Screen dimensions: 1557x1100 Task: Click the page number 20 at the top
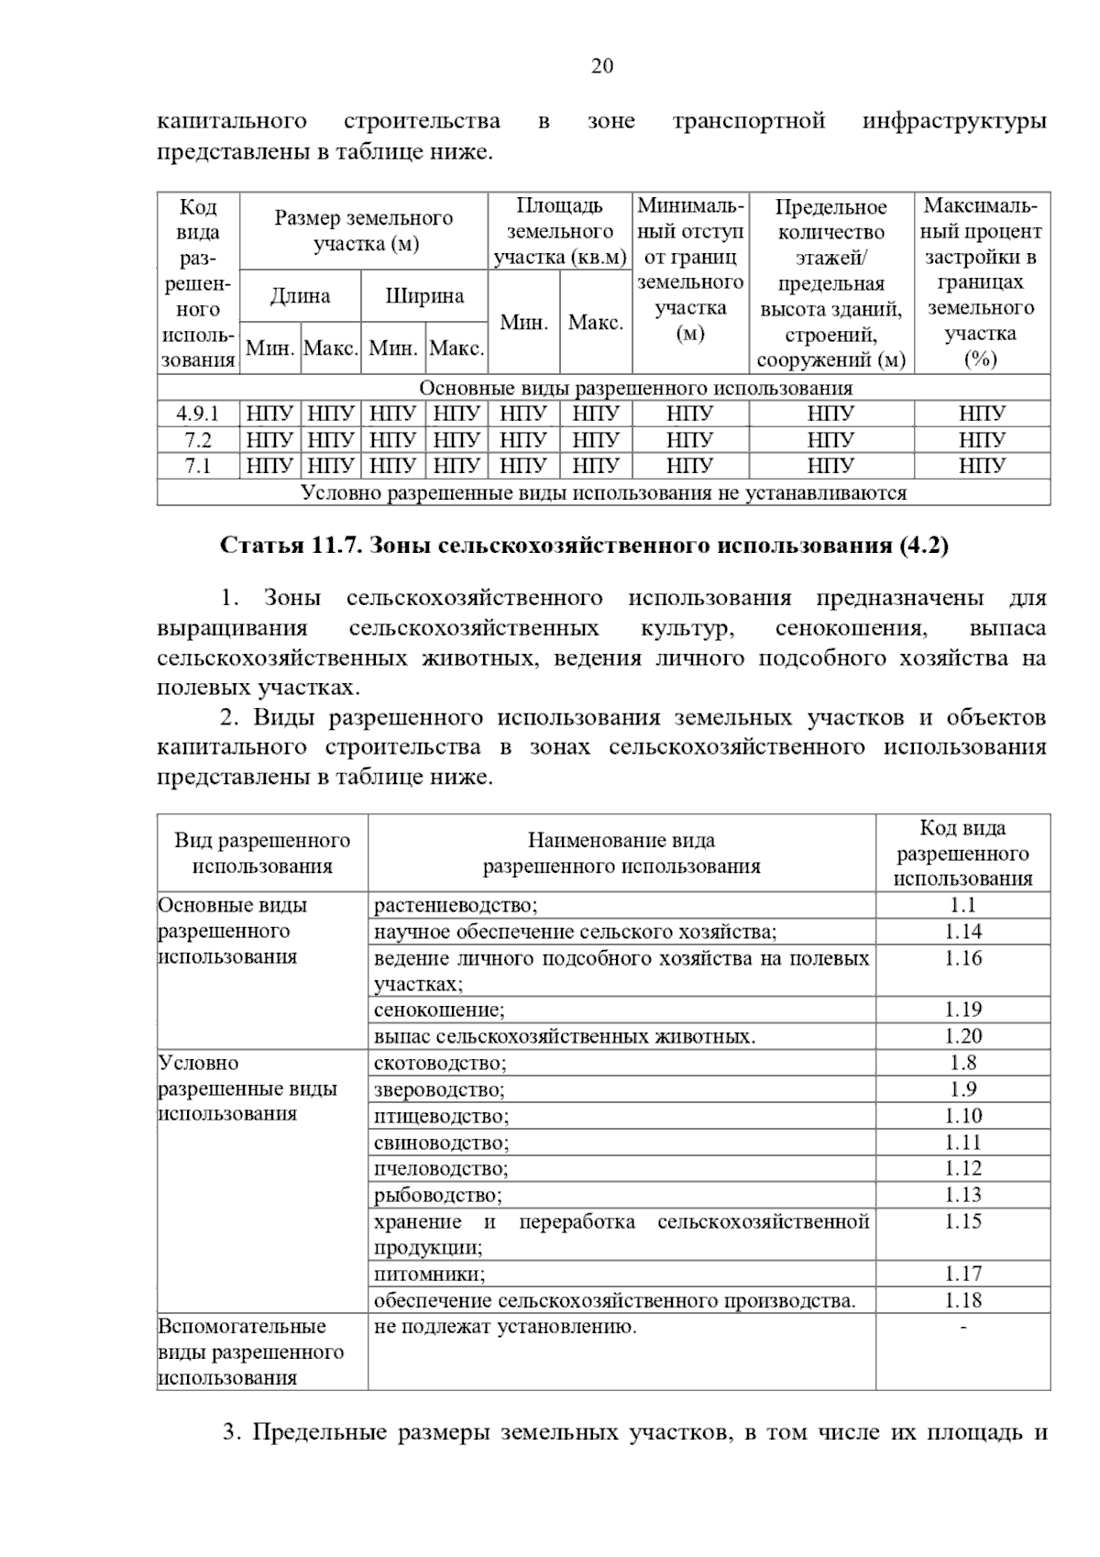tap(602, 66)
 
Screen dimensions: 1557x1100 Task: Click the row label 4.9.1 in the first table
tap(198, 414)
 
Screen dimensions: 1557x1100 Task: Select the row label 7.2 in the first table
tap(198, 440)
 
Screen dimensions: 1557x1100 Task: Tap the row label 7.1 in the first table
tap(198, 466)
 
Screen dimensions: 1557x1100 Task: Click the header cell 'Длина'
tap(300, 296)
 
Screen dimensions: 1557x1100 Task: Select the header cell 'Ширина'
tap(423, 296)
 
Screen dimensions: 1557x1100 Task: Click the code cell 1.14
tap(962, 933)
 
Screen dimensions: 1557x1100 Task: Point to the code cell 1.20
tap(962, 1037)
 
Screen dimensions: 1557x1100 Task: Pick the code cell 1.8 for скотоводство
tap(962, 1064)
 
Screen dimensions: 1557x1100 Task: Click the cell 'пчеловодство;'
tap(441, 1169)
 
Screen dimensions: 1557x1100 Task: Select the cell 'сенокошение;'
tap(439, 1010)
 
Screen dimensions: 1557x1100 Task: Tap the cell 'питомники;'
tap(429, 1275)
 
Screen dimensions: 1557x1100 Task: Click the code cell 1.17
tap(962, 1275)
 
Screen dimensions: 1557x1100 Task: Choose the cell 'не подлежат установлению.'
tap(505, 1327)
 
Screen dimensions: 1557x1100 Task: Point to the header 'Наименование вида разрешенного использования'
tap(621, 853)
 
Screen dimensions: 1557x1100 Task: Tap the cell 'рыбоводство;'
tap(438, 1196)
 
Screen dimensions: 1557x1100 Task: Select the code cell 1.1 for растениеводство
tap(962, 906)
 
